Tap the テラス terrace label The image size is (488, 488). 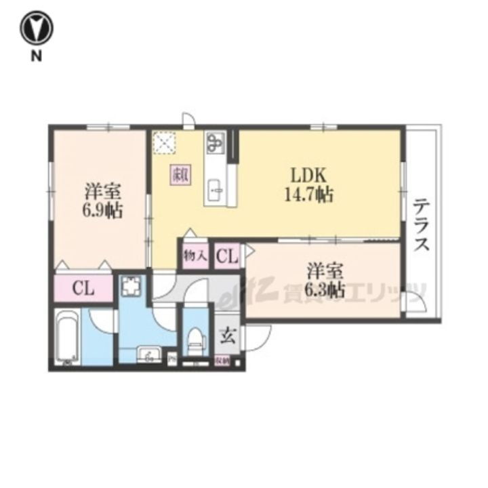422,224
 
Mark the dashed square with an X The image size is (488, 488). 164,143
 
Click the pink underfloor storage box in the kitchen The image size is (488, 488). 180,174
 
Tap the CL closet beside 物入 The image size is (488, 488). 227,256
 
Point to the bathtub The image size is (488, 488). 67,337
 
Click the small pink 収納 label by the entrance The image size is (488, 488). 222,361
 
